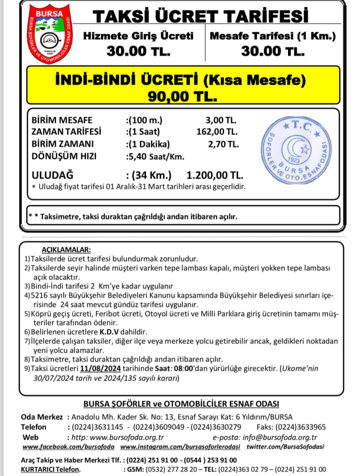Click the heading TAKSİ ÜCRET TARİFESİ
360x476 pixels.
(x=200, y=17)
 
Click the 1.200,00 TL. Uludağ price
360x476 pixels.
(x=215, y=174)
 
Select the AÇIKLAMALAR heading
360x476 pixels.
(x=66, y=250)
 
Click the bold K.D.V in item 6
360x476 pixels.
(x=110, y=332)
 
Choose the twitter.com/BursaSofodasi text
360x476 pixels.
(x=285, y=447)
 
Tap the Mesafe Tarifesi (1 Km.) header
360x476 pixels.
(x=273, y=35)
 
